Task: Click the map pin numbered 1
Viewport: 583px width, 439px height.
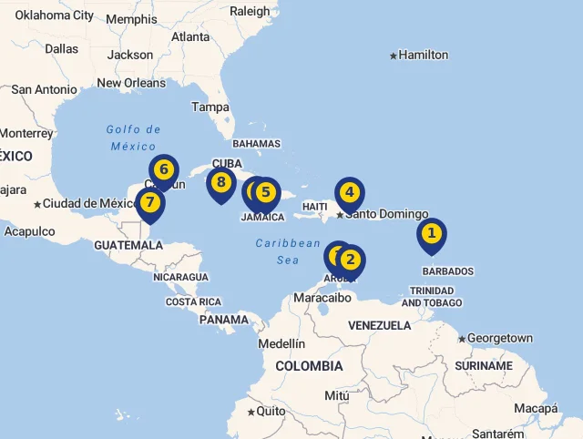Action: pyautogui.click(x=432, y=234)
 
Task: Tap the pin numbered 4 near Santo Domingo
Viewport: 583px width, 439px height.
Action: pyautogui.click(x=349, y=192)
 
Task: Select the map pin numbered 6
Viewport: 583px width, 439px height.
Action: pyautogui.click(x=164, y=170)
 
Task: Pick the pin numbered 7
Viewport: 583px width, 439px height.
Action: pyautogui.click(x=150, y=203)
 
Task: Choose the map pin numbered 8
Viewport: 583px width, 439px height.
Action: pyautogui.click(x=220, y=183)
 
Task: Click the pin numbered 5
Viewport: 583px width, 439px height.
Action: pyautogui.click(x=265, y=192)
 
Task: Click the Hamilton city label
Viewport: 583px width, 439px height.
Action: pyautogui.click(x=424, y=55)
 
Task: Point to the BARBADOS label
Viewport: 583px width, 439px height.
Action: pyautogui.click(x=448, y=271)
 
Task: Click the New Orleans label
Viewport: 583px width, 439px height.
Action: pyautogui.click(x=131, y=83)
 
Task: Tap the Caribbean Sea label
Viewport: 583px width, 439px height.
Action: pyautogui.click(x=288, y=251)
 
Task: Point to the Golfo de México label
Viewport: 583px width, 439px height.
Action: pyautogui.click(x=133, y=138)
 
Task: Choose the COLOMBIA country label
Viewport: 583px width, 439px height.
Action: pyautogui.click(x=309, y=366)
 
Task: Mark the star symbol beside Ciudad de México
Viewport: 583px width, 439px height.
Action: pyautogui.click(x=37, y=204)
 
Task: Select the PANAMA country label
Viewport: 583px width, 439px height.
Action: pyautogui.click(x=224, y=320)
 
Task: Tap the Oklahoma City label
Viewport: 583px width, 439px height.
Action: pyautogui.click(x=55, y=15)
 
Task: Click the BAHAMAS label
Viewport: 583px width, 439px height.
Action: pyautogui.click(x=256, y=144)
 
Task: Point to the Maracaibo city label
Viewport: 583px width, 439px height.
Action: pyautogui.click(x=322, y=297)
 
